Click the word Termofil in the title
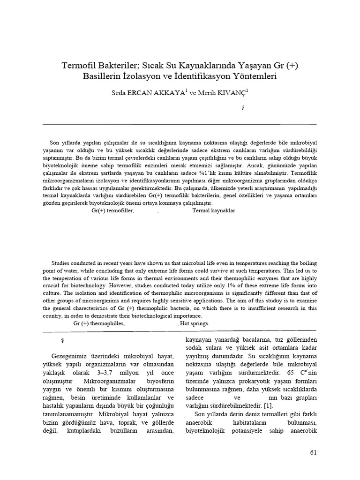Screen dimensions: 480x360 [x=80, y=66]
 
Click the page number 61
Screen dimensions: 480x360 [x=314, y=452]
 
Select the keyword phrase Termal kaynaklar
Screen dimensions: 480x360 [x=214, y=211]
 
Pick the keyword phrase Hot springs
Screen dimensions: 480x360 [x=195, y=323]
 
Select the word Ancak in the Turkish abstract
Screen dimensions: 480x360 [x=255, y=165]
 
